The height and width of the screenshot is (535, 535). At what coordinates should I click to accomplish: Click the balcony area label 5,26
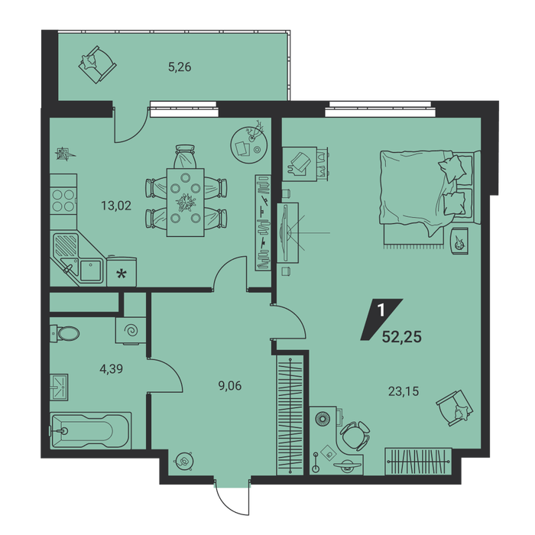pos(180,67)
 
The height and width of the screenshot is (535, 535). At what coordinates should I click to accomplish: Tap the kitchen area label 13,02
pos(116,206)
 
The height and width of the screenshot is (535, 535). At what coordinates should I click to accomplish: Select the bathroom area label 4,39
pos(112,368)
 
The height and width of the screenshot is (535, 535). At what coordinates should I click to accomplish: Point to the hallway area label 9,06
pos(229,386)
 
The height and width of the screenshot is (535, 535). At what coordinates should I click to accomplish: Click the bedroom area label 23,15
pos(404,391)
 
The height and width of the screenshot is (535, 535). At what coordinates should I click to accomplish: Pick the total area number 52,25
pos(402,337)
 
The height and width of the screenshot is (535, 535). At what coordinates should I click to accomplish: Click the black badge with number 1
pos(381,319)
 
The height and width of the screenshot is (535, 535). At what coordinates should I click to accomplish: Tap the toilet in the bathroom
pos(65,332)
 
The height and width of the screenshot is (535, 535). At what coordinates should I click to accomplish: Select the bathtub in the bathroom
pos(91,430)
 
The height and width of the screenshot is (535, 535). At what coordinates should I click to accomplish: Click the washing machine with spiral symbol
pos(131,330)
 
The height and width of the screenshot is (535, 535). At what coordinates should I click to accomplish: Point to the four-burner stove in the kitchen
pos(63,201)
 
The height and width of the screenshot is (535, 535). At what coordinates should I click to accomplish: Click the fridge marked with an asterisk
pos(122,272)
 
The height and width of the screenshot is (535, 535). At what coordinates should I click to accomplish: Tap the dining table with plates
pos(185,202)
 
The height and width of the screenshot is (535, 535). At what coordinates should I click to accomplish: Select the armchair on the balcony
pos(98,64)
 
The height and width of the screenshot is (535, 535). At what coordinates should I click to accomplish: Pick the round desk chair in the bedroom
pos(355,436)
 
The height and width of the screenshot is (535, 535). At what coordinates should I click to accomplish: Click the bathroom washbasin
pos(59,387)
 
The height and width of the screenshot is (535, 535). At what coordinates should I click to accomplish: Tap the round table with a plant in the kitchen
pos(248,144)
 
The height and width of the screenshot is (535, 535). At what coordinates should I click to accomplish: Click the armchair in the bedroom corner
pos(455,407)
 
